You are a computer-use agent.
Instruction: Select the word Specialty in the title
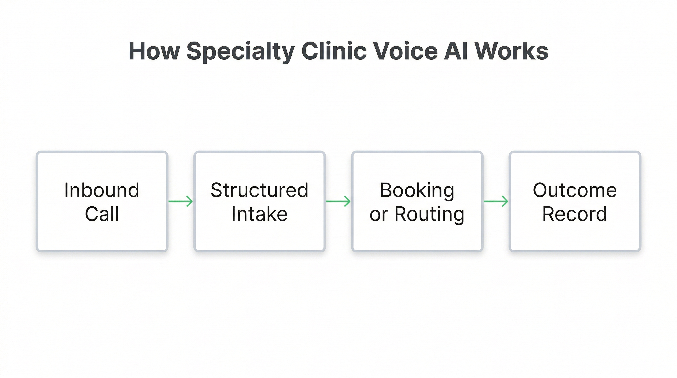pos(241,51)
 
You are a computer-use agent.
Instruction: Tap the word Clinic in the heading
pos(334,51)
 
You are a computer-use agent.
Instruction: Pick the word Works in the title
pos(511,51)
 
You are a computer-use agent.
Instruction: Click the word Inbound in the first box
pos(102,190)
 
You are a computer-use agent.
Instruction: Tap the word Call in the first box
pos(102,214)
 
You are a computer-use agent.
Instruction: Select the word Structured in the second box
pos(259,190)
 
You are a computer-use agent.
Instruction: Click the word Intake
pos(259,214)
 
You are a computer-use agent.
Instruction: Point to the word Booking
pos(417,190)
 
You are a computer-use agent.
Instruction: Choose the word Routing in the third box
pos(430,215)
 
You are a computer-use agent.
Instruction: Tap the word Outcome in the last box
pos(575,190)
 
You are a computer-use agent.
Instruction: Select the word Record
pos(575,214)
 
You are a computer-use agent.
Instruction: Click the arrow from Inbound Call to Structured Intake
pos(181,201)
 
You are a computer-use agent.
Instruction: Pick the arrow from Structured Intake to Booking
pos(338,201)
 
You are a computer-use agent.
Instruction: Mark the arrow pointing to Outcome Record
pos(496,201)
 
